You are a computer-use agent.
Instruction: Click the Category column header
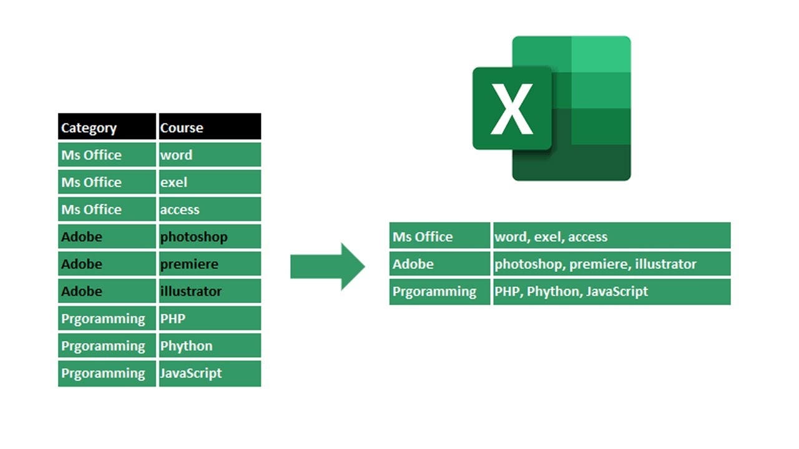[106, 127]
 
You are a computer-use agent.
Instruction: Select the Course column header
[210, 127]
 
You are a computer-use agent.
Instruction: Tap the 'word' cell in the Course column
[210, 155]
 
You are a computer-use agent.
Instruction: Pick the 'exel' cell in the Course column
[210, 182]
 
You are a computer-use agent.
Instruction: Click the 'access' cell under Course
[210, 210]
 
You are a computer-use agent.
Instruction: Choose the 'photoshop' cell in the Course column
[210, 237]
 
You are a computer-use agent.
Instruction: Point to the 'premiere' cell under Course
[210, 264]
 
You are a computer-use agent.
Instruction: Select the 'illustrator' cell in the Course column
[210, 291]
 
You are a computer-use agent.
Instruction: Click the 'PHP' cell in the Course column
[210, 319]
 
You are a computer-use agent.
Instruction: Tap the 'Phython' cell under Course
[210, 346]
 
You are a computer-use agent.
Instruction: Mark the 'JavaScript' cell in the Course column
[210, 374]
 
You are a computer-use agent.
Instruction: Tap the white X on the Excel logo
[512, 109]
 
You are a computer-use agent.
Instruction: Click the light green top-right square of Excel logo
[600, 54]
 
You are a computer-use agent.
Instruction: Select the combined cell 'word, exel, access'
[612, 236]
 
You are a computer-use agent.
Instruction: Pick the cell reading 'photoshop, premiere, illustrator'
[612, 264]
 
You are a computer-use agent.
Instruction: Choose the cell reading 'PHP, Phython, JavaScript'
[612, 291]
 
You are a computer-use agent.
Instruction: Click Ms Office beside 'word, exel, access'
[439, 236]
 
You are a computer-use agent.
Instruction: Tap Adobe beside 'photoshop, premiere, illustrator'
[439, 264]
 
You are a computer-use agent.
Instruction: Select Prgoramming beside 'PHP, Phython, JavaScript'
[439, 291]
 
